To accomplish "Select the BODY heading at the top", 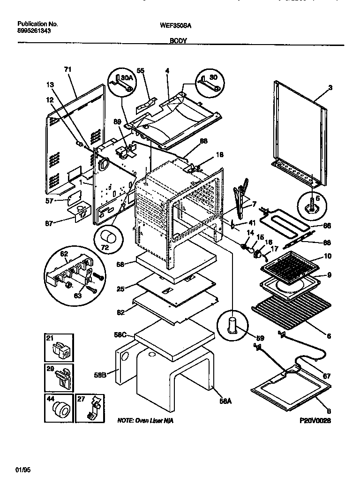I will click(x=178, y=41).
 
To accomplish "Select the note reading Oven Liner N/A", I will click(x=145, y=421).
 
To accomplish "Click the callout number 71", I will click(x=67, y=69).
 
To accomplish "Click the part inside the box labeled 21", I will click(x=60, y=349).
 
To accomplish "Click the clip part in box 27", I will click(x=94, y=408).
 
